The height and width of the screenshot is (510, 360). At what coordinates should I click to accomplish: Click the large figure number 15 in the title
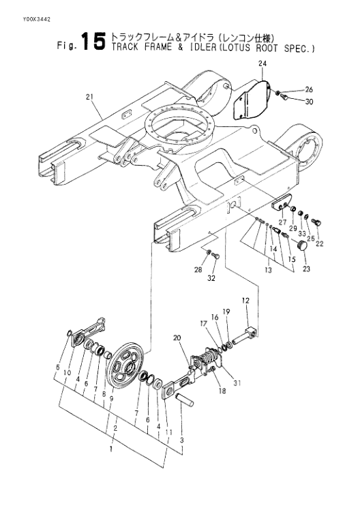93,42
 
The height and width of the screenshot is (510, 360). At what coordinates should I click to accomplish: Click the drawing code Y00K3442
36,20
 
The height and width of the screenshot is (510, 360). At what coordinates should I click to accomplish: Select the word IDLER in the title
204,47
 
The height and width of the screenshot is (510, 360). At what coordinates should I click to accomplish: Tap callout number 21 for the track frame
89,97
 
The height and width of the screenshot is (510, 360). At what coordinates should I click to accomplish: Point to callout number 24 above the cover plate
262,63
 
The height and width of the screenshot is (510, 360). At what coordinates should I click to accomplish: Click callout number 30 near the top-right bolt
310,102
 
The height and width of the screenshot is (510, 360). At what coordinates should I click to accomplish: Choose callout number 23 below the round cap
306,269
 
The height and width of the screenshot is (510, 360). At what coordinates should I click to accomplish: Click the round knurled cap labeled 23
303,245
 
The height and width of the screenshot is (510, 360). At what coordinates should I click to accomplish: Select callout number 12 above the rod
246,301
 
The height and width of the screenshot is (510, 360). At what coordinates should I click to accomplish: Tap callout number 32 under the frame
211,278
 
